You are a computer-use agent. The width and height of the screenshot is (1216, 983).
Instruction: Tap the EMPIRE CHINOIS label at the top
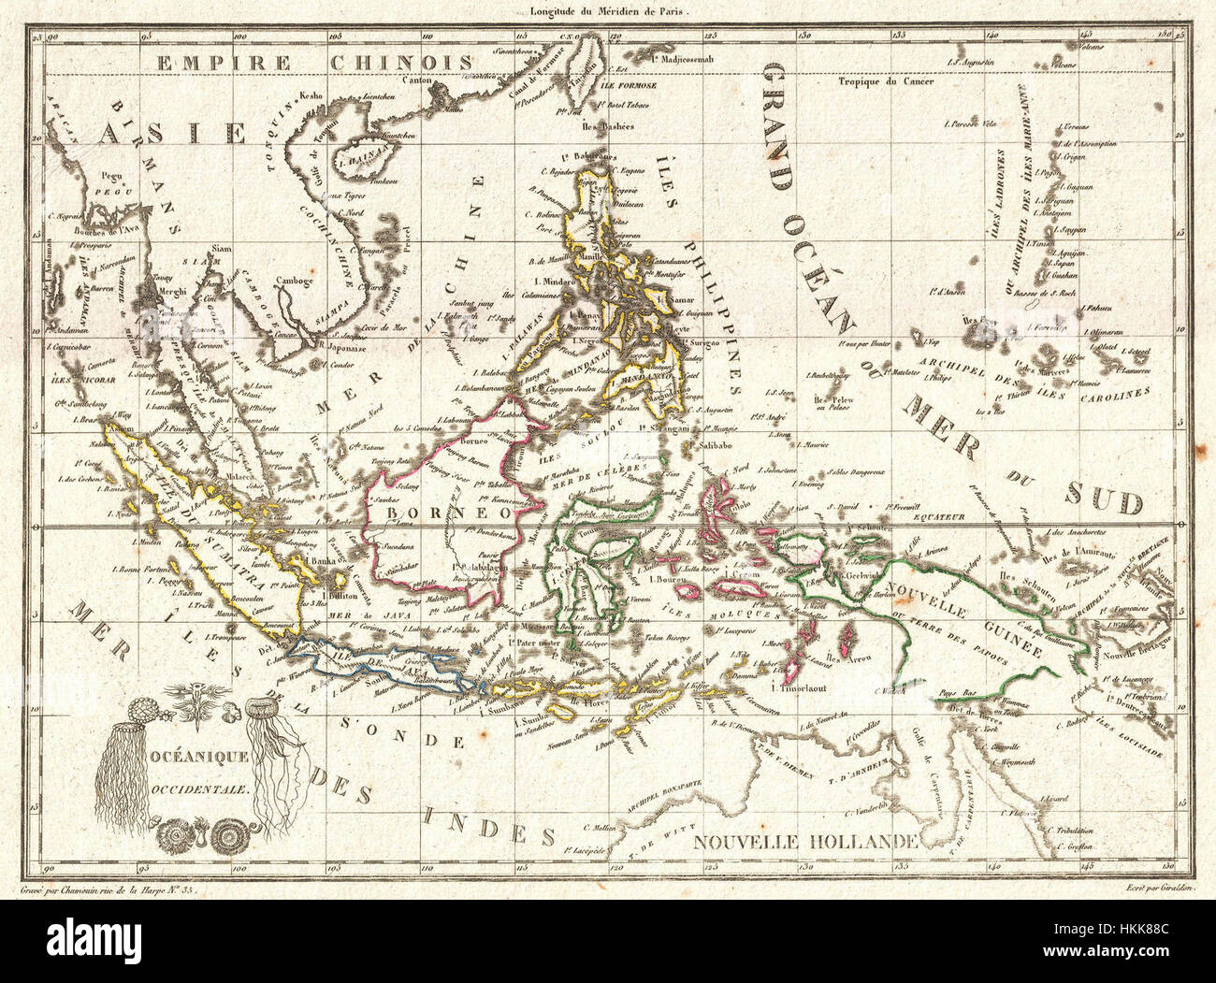313,62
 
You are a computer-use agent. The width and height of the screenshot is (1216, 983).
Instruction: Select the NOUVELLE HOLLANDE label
804,841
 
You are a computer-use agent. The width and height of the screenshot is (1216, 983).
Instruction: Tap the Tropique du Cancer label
882,82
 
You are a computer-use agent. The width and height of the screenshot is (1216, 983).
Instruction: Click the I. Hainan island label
355,160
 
